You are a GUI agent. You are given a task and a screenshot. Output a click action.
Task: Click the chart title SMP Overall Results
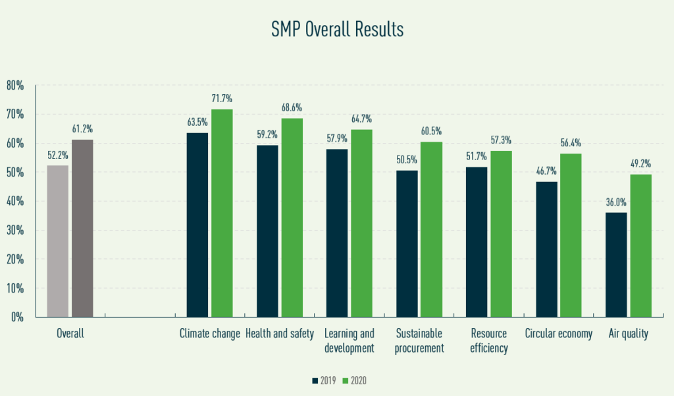pos(336,30)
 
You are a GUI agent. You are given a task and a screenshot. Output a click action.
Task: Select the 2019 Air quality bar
pos(616,264)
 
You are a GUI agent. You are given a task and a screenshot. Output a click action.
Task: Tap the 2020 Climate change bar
pos(222,212)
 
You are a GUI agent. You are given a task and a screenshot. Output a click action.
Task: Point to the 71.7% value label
pos(222,99)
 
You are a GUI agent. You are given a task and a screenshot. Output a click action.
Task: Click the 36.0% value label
pos(616,202)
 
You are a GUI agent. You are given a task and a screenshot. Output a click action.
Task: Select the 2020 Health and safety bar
pos(292,217)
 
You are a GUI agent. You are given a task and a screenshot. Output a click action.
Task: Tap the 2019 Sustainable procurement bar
pos(407,243)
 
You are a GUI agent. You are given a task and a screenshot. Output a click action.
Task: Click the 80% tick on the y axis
pos(15,85)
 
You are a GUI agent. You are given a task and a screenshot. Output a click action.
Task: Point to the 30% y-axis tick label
pos(15,230)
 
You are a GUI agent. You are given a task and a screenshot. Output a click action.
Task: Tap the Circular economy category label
pos(559,333)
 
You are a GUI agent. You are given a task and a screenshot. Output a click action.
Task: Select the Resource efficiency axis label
pos(489,341)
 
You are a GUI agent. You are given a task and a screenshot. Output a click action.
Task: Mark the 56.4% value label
pos(571,143)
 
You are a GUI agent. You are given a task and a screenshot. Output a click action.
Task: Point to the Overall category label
pos(70,333)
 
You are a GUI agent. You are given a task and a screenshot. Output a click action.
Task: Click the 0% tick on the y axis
pos(18,317)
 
